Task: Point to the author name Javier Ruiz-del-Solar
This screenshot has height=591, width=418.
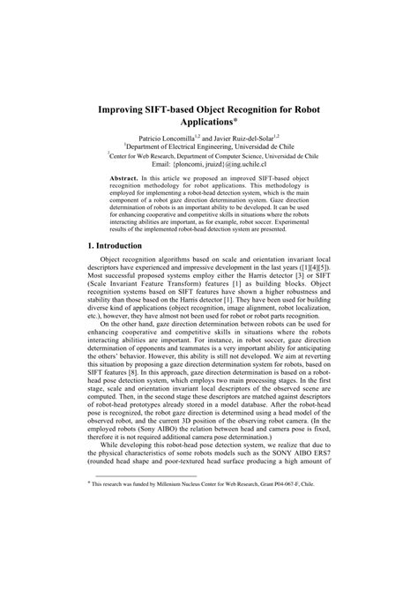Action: [x=243, y=139]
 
